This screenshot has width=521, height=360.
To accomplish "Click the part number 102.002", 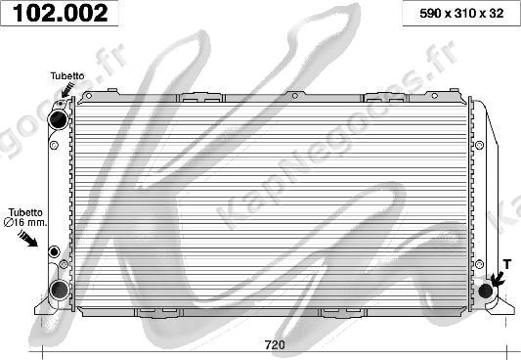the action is (x=61, y=13).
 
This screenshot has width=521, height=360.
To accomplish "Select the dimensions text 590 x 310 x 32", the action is (x=461, y=14).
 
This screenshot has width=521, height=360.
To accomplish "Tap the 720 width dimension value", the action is (x=275, y=344).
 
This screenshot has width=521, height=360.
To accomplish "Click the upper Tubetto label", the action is (x=67, y=75).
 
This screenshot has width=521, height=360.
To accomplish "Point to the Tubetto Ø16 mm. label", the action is (x=25, y=217).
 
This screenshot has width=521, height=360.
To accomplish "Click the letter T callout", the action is (x=506, y=264).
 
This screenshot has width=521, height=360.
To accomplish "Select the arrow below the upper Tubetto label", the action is (x=67, y=90).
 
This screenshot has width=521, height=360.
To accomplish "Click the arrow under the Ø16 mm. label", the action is (x=28, y=239).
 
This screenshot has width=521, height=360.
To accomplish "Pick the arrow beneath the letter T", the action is (x=498, y=279).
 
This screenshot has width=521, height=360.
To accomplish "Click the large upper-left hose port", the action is (x=58, y=119).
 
